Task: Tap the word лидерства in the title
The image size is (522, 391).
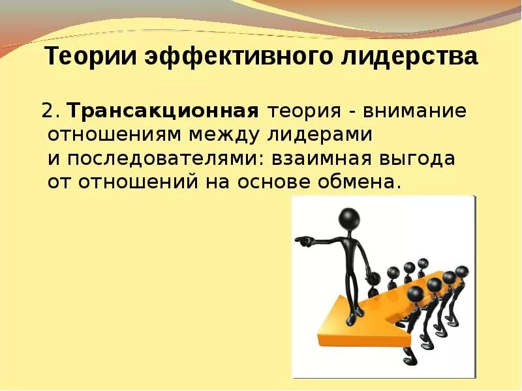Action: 410,57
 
